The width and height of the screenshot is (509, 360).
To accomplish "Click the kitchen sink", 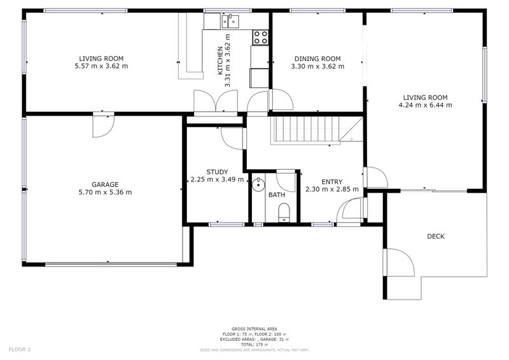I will [229, 22].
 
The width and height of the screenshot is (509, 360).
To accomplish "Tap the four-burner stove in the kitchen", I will [260, 38].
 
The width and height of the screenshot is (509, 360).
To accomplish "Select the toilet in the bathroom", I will [284, 212].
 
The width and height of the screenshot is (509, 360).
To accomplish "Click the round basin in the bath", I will [258, 186].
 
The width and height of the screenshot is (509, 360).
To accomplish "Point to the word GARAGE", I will [105, 184].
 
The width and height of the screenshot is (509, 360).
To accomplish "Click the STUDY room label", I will [217, 172].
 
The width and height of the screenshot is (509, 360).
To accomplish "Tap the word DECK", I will [436, 237].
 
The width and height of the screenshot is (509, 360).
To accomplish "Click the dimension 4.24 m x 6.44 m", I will [426, 105].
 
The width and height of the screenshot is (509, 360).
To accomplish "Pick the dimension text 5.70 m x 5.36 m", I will [105, 192].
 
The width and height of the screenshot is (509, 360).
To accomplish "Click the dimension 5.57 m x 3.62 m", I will [101, 66].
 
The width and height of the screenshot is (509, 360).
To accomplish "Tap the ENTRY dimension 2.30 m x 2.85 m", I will [331, 189].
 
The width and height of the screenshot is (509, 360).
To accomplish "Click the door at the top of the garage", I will [102, 125].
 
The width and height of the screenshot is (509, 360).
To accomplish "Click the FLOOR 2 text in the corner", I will [20, 350].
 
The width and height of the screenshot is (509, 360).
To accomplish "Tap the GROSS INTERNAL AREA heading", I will [254, 329].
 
